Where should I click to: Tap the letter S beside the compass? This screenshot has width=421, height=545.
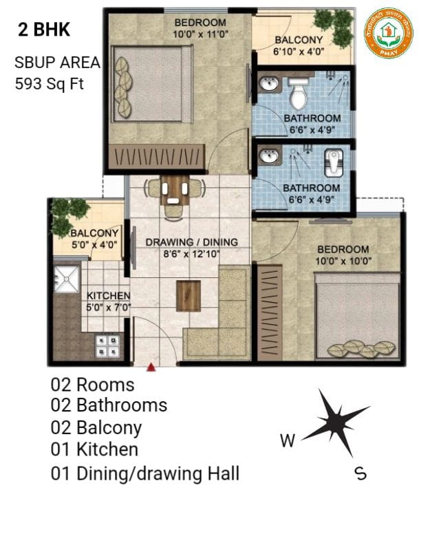(x=359, y=473)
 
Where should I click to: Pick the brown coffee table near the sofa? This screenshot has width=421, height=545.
(x=188, y=295)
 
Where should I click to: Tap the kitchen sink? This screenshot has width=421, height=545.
(x=67, y=277)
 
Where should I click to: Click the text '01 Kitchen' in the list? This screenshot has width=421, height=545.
(x=94, y=449)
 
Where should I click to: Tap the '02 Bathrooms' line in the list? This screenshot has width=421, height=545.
(x=109, y=405)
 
